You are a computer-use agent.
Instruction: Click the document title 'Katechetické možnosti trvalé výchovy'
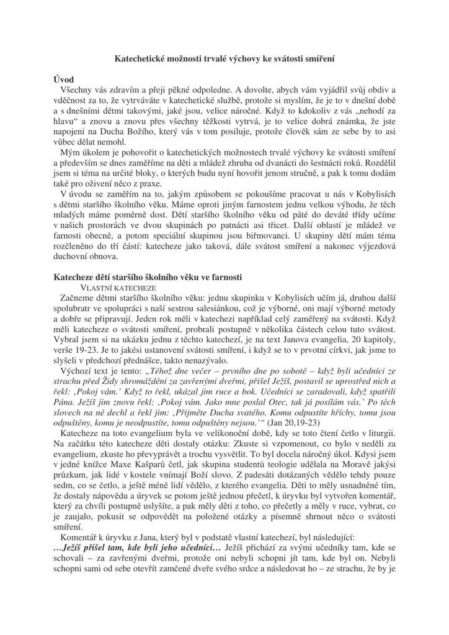225,58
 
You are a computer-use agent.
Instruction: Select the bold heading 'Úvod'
64,79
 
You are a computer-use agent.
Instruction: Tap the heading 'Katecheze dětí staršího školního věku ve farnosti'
147,277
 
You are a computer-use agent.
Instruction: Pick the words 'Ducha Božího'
135,131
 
